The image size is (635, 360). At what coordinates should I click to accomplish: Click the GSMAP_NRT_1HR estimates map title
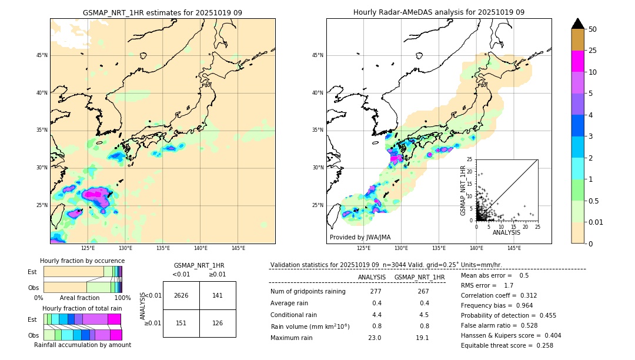coord(162,12)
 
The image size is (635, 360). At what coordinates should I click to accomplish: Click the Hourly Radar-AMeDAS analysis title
coord(439,12)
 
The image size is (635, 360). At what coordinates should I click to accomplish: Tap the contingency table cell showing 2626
coord(181,295)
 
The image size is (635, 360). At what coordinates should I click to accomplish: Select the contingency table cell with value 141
coord(218,295)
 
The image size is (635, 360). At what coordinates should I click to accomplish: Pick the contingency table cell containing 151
coord(181,322)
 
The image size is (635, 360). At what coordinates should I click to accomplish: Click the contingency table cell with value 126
coord(218,322)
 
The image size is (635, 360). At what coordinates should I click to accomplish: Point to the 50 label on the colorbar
coord(593,29)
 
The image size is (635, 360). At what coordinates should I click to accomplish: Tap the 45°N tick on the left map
coord(42,55)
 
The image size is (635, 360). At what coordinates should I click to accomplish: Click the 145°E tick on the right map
coord(514,248)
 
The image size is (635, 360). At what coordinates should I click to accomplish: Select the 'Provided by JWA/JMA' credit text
coord(360,237)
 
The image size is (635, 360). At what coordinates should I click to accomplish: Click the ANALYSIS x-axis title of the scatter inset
coord(506,232)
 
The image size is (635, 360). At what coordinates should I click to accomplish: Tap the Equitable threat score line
coord(507,345)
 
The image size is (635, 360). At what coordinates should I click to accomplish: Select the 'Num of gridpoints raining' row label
coord(308,292)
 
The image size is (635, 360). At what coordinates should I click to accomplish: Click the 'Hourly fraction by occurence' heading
coord(82,261)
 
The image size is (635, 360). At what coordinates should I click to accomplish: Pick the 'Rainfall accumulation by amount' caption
coord(82,345)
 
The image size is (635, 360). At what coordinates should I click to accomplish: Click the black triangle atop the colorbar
coord(578,24)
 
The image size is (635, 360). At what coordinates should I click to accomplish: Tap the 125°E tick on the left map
coord(88,248)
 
